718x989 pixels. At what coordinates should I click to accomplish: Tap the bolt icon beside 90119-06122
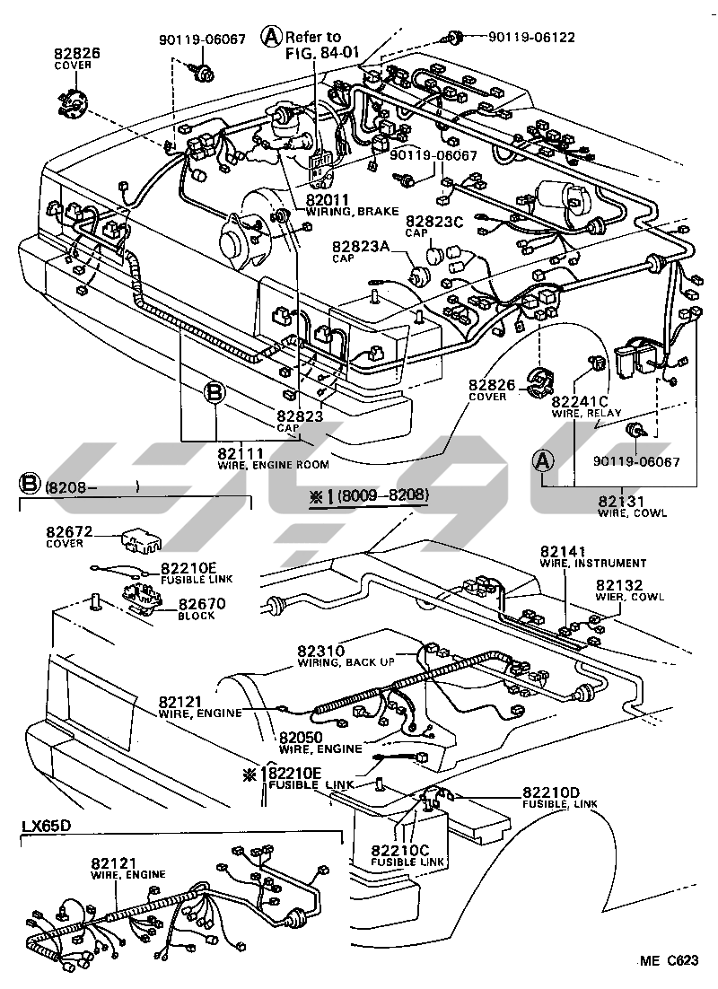point(454,37)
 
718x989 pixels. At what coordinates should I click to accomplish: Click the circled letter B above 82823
point(214,391)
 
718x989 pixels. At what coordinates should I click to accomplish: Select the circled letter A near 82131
point(543,460)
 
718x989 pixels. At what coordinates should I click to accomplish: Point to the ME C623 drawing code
point(668,961)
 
